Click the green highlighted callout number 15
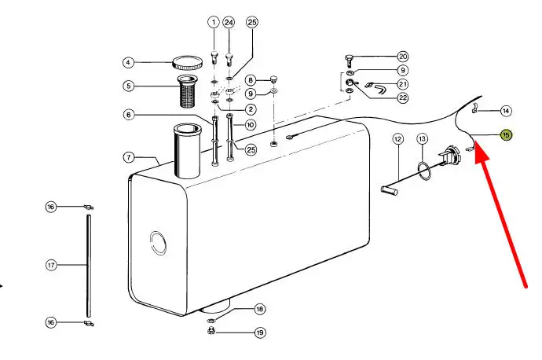pyautogui.click(x=506, y=135)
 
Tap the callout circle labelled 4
pyautogui.click(x=128, y=63)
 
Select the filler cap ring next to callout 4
pyautogui.click(x=188, y=63)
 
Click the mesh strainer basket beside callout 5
pyautogui.click(x=187, y=91)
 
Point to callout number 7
pyautogui.click(x=129, y=158)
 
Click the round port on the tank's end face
pyautogui.click(x=158, y=243)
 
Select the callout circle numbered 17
pyautogui.click(x=51, y=265)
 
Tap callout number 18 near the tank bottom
pyautogui.click(x=259, y=309)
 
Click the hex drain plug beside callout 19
pyautogui.click(x=211, y=331)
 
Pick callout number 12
pyautogui.click(x=397, y=139)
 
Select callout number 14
pyautogui.click(x=506, y=111)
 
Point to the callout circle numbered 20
pyautogui.click(x=403, y=57)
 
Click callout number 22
pyautogui.click(x=403, y=98)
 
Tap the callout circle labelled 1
pyautogui.click(x=214, y=23)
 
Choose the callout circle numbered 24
pyautogui.click(x=229, y=23)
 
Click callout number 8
pyautogui.click(x=251, y=80)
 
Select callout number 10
pyautogui.click(x=251, y=124)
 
